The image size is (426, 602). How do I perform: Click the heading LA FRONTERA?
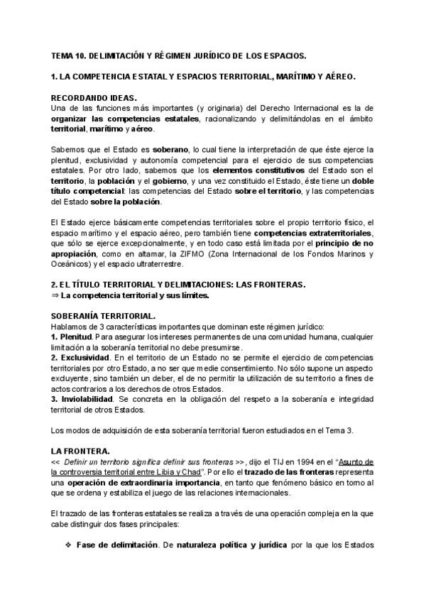[x=80, y=451]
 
